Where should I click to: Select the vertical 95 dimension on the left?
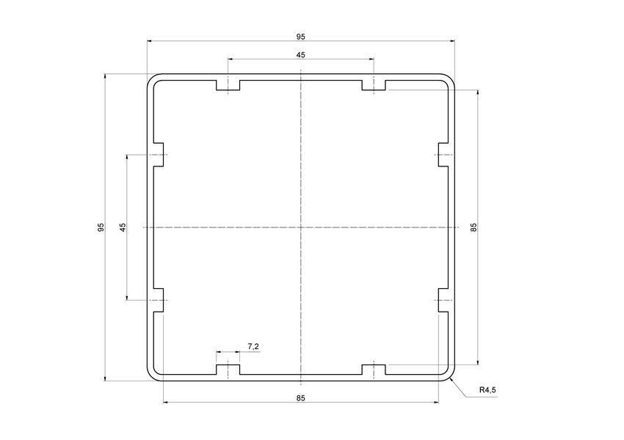point(101,227)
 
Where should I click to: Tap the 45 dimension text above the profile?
point(300,55)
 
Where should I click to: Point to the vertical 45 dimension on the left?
point(123,227)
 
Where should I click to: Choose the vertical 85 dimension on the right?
point(474,227)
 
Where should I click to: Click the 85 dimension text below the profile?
point(300,398)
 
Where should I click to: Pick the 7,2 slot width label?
point(253,346)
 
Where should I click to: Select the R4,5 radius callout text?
point(488,390)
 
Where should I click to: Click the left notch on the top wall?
point(228,87)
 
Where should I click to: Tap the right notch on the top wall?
point(374,87)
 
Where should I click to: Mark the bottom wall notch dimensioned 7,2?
point(228,368)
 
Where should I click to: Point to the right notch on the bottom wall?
point(374,368)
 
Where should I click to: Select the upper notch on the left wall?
point(159,155)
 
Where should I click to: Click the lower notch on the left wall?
point(159,299)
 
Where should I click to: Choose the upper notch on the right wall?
point(443,155)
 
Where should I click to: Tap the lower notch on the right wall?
point(443,299)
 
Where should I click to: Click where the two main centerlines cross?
point(301,227)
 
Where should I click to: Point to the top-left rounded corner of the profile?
point(150,78)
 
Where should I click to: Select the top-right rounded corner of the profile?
point(451,78)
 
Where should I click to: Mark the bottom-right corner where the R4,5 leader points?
point(451,377)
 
